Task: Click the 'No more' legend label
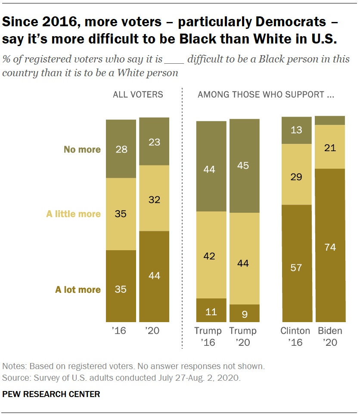[82, 150]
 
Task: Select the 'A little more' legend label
[73, 214]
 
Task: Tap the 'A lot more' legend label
[78, 289]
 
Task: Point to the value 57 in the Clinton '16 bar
[296, 267]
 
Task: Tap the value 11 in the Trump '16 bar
[211, 311]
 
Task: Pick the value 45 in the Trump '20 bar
[244, 165]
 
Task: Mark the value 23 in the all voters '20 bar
[154, 142]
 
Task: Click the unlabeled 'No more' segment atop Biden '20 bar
[330, 120]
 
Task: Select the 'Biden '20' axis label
[330, 337]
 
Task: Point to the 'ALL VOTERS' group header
[138, 95]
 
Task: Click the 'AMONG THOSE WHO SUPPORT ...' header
[266, 95]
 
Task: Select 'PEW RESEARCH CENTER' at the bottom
[51, 394]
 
